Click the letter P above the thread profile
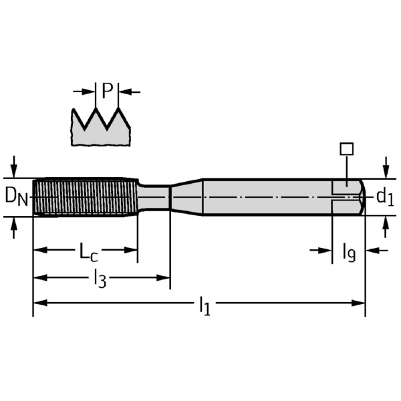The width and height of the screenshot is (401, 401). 107,91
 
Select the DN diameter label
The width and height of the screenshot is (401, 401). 17,196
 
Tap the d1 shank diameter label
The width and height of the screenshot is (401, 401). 384,196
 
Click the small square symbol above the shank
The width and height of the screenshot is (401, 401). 346,149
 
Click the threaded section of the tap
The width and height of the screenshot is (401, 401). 84,196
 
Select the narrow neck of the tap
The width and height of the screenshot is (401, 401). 155,196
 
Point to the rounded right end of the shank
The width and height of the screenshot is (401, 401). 361,196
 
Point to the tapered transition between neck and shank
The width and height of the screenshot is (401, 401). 186,196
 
